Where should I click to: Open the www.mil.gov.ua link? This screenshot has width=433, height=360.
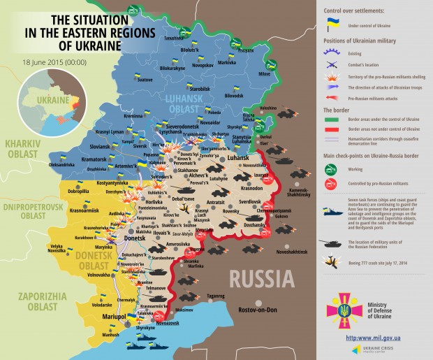point(378,338)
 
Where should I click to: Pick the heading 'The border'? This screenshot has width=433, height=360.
point(337,110)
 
